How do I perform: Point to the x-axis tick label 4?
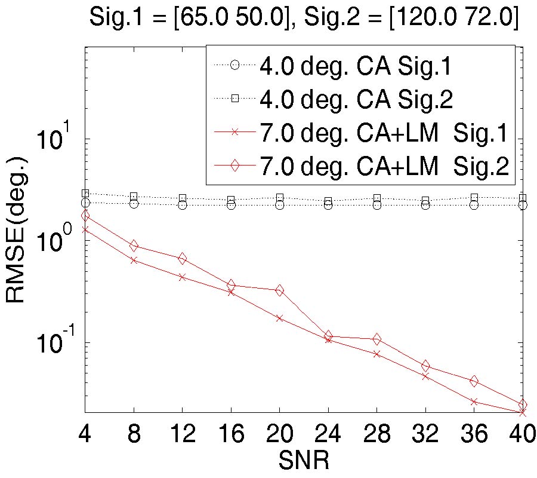pyautogui.click(x=85, y=434)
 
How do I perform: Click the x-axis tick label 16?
pyautogui.click(x=230, y=434)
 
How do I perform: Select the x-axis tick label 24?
pyautogui.click(x=328, y=434)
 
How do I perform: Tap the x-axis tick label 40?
pyautogui.click(x=520, y=434)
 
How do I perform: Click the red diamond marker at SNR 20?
pyautogui.click(x=279, y=290)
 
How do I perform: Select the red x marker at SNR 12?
pyautogui.click(x=182, y=277)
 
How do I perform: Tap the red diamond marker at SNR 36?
pyautogui.click(x=474, y=381)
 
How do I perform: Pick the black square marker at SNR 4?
pyautogui.click(x=85, y=194)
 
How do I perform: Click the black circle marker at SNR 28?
pyautogui.click(x=376, y=205)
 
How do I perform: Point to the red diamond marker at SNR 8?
pyautogui.click(x=134, y=246)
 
